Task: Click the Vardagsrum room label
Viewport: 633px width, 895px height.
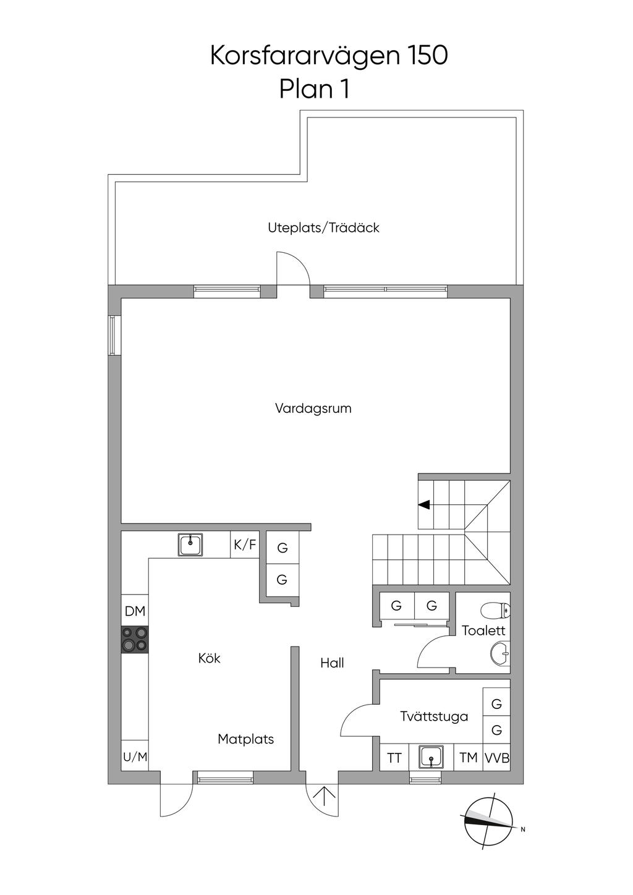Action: [313, 409]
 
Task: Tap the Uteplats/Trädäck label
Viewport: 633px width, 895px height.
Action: [323, 227]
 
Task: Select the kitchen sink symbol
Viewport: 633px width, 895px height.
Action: [190, 546]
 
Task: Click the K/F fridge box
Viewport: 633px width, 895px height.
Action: [245, 545]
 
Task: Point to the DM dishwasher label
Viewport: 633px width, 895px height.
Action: [135, 611]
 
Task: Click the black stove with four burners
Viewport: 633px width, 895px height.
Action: [135, 640]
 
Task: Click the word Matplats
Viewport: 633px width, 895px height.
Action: [246, 739]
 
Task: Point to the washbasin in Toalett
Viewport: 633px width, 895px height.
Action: [500, 654]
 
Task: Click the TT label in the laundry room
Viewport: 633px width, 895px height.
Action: [394, 758]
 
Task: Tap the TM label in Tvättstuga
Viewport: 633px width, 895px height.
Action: [469, 757]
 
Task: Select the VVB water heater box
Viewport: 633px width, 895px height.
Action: [497, 757]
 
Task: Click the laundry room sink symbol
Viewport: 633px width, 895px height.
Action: [431, 757]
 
